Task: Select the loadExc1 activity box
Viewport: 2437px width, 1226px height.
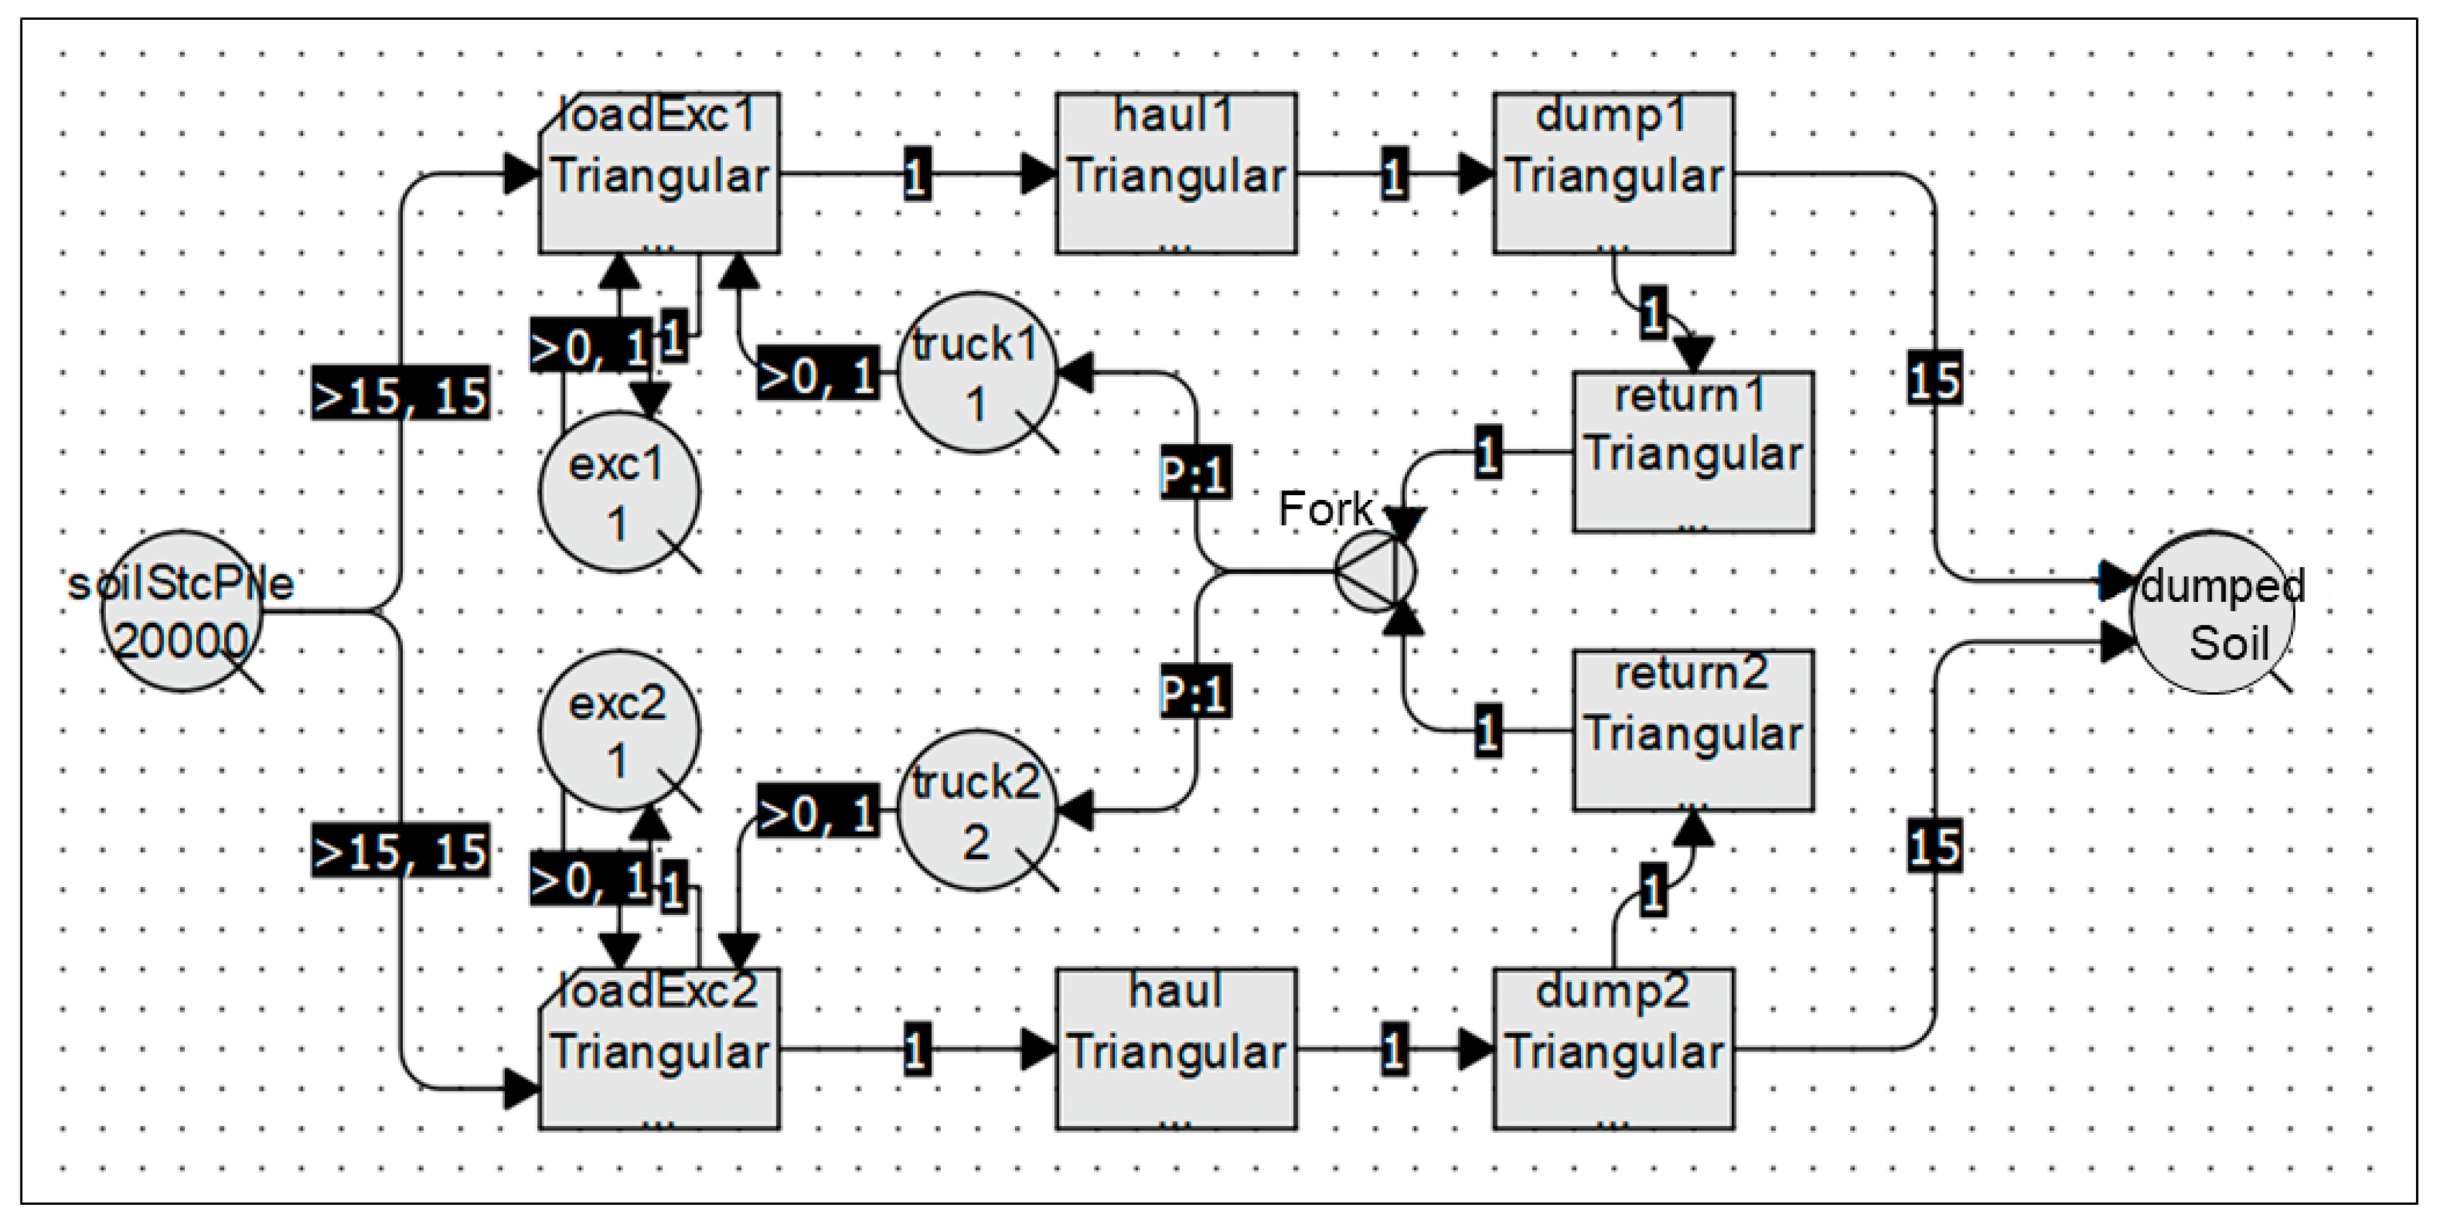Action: coord(660,173)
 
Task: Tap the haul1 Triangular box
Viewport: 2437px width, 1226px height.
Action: coord(1176,173)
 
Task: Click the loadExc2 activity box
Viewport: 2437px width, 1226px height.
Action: coord(660,1048)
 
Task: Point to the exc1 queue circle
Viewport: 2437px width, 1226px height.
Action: coord(619,492)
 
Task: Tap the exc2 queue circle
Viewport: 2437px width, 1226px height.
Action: coord(619,729)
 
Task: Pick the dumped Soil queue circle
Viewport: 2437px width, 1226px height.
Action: coord(2212,611)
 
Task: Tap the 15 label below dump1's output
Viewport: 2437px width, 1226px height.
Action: coord(1934,378)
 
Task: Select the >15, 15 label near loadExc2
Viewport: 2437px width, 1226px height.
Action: coord(401,851)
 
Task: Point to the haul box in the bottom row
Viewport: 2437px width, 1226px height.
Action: coord(1176,1048)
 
